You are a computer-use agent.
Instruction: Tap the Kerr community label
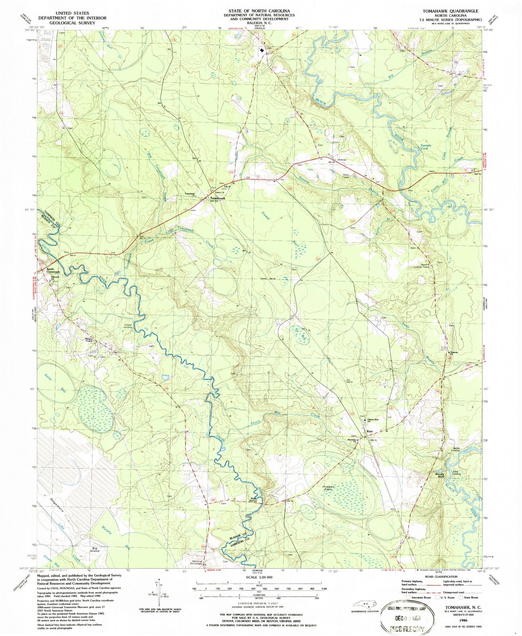[x=369, y=431]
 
